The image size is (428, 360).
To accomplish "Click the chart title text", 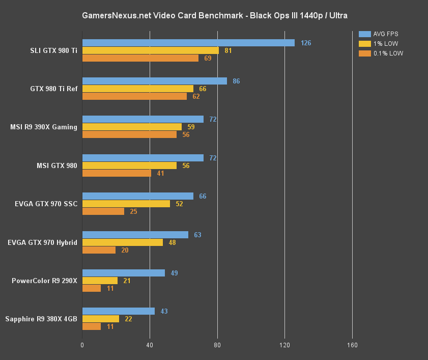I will click(x=214, y=16).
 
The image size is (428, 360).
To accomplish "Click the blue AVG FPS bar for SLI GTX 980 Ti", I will click(x=188, y=43).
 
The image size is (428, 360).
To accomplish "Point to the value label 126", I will click(x=306, y=43).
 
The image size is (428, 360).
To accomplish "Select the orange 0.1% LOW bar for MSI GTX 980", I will click(x=117, y=173).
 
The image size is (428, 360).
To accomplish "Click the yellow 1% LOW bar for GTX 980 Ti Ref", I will click(x=137, y=89).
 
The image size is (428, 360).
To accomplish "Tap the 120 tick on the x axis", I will click(x=284, y=345).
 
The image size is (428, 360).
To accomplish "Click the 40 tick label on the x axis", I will click(x=150, y=345).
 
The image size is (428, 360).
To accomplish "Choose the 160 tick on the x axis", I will click(x=352, y=345).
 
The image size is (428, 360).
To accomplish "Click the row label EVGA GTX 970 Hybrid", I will click(x=43, y=242).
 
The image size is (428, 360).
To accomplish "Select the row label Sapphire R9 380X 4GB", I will click(x=42, y=319).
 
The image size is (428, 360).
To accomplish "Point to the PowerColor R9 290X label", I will click(x=45, y=281).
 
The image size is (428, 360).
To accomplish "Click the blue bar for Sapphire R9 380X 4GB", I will click(x=118, y=311).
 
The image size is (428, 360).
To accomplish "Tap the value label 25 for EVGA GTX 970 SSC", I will click(x=133, y=211).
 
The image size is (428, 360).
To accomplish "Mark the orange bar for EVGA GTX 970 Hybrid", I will click(x=99, y=250).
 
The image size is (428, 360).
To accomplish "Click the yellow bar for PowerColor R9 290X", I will click(x=100, y=281).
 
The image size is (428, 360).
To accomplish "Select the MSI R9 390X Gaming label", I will click(x=44, y=127).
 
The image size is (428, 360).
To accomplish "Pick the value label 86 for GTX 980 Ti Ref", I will click(x=236, y=81).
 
